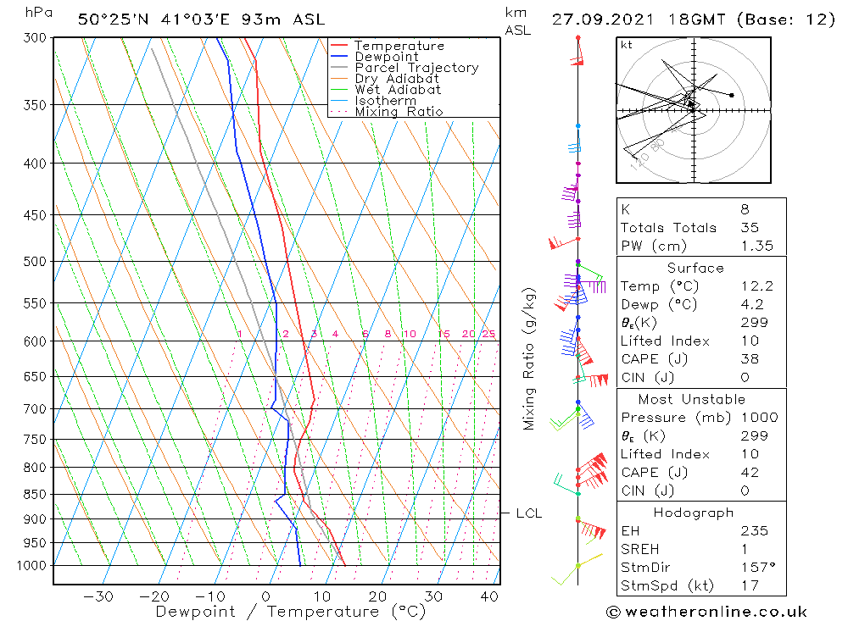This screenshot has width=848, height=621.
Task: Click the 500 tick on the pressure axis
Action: (35, 261)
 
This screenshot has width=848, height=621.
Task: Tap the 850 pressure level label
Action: (35, 494)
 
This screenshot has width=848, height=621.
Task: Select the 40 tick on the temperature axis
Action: (488, 596)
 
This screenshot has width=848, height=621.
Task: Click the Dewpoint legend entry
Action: (386, 57)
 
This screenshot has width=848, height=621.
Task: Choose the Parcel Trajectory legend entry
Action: (416, 68)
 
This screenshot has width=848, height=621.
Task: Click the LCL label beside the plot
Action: (529, 513)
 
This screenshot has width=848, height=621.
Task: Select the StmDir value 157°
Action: (754, 568)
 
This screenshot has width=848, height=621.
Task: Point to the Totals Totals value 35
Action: (750, 227)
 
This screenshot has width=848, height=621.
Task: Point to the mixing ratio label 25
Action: (488, 334)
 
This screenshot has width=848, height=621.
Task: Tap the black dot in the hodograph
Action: (731, 95)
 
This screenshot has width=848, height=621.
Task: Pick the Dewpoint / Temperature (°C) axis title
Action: (290, 612)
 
